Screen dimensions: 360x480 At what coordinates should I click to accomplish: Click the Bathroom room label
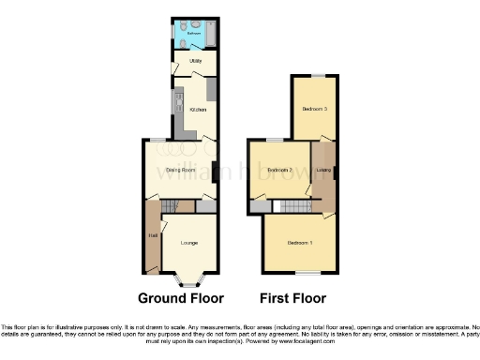(x=193, y=33)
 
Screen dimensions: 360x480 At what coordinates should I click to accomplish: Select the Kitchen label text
(x=198, y=110)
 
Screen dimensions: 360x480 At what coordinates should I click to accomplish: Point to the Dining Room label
(x=180, y=170)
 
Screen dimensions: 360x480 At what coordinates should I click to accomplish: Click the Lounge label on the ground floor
(x=189, y=243)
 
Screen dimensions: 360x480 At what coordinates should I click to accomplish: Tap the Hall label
(x=152, y=235)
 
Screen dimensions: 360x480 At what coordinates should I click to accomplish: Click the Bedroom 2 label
(x=278, y=170)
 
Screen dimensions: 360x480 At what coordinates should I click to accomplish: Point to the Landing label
(x=324, y=170)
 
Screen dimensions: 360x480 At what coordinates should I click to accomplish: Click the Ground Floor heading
(x=181, y=299)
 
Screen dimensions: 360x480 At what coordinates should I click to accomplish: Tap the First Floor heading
(x=293, y=299)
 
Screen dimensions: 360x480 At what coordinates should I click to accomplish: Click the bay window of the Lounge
(x=190, y=279)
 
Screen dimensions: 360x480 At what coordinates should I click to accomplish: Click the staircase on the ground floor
(x=170, y=206)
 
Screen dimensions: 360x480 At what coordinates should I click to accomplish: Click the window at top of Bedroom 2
(x=273, y=141)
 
